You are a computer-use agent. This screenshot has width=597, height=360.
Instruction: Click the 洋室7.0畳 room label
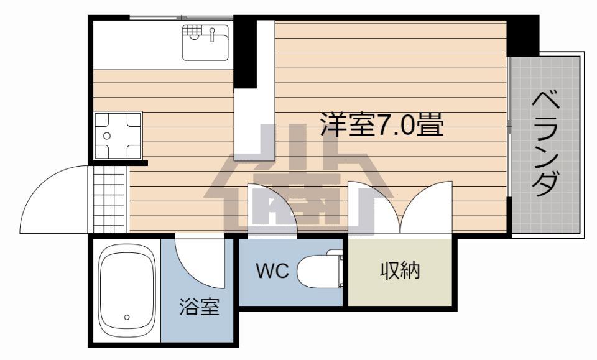pos(382,124)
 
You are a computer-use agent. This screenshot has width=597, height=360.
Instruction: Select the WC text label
pos(272,271)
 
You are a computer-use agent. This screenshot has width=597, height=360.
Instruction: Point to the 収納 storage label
pos(400,271)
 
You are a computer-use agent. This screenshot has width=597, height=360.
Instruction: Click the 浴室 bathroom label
pos(200,307)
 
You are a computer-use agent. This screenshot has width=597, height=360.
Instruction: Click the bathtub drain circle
pos(127,317)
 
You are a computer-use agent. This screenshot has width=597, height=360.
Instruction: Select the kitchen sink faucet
pos(213,35)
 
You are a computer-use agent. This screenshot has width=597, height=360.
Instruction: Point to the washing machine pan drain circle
pos(107,136)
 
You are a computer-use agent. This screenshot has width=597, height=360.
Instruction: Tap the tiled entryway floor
pos(109,199)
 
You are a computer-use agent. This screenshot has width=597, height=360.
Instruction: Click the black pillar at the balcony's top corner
pos(523,36)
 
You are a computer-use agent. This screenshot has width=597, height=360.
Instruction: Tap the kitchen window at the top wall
pos(181,17)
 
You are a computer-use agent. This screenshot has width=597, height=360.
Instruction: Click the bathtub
pos(127,290)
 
